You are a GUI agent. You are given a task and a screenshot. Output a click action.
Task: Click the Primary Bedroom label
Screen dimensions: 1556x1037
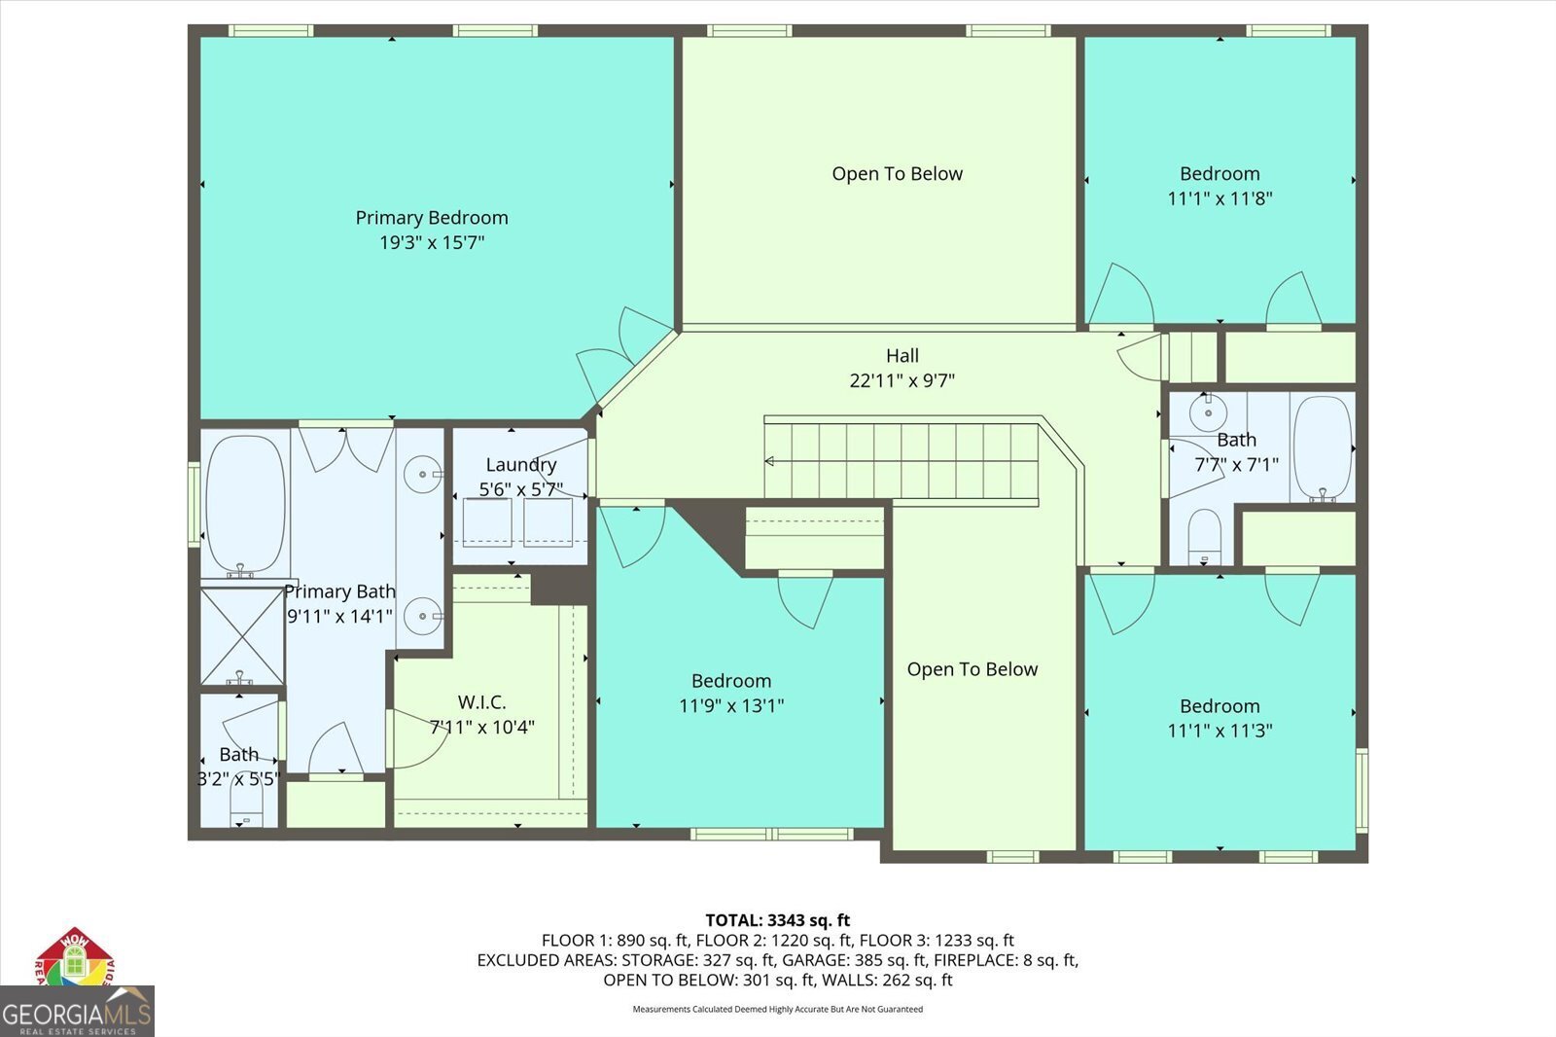click(432, 218)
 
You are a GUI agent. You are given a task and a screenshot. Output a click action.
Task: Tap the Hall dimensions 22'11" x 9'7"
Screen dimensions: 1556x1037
click(902, 381)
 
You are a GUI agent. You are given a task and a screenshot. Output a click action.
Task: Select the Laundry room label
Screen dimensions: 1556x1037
click(521, 465)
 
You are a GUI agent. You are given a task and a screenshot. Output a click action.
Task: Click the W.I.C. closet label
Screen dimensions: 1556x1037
click(482, 702)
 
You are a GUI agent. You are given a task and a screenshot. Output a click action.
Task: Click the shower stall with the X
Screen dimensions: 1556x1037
click(242, 636)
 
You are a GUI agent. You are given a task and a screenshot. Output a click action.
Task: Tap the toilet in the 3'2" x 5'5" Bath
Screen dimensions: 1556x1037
click(247, 809)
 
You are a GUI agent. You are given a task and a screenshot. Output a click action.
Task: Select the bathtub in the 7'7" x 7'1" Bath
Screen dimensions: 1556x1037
click(1324, 448)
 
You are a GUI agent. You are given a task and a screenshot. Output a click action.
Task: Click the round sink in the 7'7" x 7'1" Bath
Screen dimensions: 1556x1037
click(1208, 412)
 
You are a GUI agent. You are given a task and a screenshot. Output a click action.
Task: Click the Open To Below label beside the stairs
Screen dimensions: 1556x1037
click(972, 669)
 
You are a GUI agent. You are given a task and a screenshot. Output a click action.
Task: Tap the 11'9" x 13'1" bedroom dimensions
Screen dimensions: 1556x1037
click(731, 706)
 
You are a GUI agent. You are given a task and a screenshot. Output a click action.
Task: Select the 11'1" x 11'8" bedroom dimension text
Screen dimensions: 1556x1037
click(1220, 198)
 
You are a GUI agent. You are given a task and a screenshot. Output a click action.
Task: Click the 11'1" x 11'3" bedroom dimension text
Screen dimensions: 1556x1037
click(1220, 732)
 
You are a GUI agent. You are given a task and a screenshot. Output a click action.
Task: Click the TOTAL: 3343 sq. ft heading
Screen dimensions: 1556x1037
click(778, 920)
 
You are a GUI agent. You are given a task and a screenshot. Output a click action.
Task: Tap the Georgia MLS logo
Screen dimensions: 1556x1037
click(77, 1012)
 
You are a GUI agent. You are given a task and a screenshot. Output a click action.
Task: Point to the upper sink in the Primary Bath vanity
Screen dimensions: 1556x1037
click(422, 474)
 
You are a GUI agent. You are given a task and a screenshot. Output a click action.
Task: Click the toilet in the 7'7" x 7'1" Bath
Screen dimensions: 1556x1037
click(1205, 538)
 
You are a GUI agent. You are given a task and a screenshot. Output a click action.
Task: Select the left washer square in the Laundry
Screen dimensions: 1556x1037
click(487, 522)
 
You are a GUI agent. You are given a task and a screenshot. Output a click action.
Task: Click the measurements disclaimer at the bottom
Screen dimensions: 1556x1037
click(778, 1009)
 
